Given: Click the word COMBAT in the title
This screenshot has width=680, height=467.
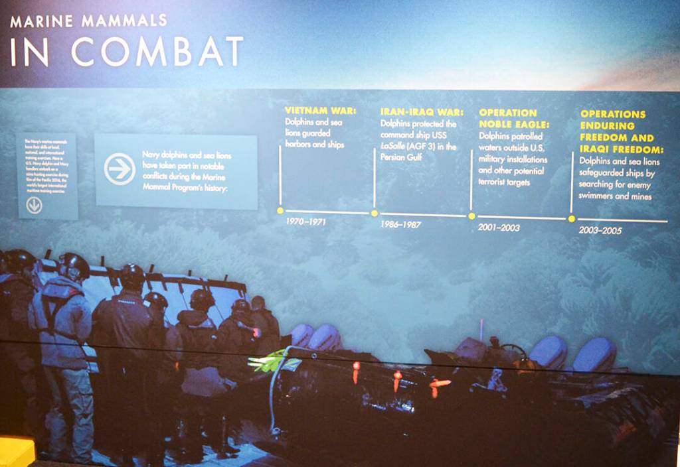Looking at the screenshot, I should point(157,51).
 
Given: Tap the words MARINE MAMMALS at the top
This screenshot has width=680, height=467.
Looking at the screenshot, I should point(89,21).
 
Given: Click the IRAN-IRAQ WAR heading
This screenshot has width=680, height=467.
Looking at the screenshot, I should point(422,112).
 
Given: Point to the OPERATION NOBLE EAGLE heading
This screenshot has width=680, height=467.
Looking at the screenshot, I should point(508,118).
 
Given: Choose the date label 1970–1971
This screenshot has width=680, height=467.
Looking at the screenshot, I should point(305,222).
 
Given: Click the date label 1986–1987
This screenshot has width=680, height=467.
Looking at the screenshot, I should point(400,224).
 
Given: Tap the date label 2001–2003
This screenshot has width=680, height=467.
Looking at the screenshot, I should point(499,228).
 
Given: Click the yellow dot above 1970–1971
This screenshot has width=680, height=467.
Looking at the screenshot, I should point(280,210).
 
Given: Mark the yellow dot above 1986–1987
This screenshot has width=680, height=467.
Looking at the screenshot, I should point(375,213).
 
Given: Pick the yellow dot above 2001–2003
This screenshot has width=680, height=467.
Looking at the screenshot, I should point(471,216).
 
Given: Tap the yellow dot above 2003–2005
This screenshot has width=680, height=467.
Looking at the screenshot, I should point(571,218).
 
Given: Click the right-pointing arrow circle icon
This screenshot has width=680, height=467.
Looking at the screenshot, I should point(120,168).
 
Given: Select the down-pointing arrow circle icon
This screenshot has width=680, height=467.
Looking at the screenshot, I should point(34,206).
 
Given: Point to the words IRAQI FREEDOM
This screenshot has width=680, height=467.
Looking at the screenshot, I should point(620,149).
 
